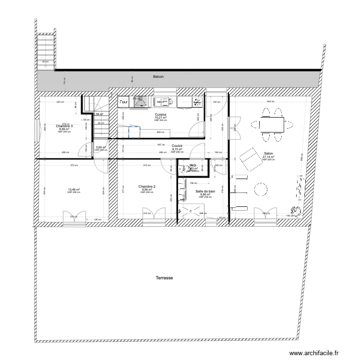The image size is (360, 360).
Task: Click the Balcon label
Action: (x=158, y=76)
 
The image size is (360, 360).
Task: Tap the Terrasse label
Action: (x=164, y=278)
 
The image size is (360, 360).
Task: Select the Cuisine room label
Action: (x=160, y=114)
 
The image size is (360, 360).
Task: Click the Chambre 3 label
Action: (x=64, y=126)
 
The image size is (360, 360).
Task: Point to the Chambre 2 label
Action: (x=147, y=186)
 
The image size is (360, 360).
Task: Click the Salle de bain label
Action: (x=205, y=191)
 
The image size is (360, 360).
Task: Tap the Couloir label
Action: (x=177, y=145)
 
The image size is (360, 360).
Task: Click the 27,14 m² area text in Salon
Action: (x=268, y=156)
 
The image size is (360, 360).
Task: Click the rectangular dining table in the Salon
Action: (x=271, y=124)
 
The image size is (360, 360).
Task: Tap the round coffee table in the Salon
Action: (x=261, y=189)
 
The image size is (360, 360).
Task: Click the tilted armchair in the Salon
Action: (x=249, y=159)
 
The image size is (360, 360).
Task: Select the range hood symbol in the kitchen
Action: (x=140, y=101)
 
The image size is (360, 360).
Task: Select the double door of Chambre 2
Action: (x=155, y=215)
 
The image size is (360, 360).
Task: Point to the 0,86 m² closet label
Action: (x=100, y=148)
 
